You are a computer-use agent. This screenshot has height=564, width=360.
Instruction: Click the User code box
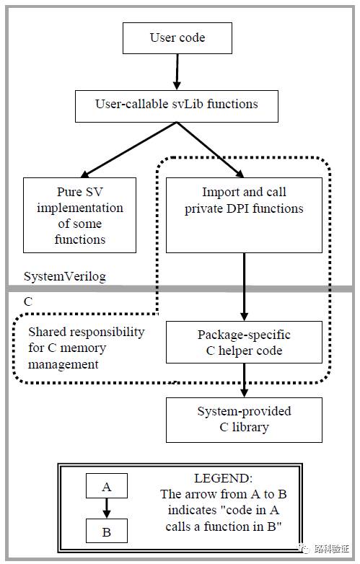177,38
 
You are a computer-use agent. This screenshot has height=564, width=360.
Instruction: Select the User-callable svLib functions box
177,106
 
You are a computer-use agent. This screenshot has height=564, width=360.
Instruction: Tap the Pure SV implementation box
79,215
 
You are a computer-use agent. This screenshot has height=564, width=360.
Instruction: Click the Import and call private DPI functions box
244,215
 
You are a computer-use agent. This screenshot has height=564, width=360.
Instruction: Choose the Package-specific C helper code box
244,342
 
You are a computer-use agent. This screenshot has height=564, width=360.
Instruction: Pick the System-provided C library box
244,420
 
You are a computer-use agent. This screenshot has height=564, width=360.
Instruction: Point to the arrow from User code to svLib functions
177,72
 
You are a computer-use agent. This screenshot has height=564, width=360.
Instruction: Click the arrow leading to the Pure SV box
128,150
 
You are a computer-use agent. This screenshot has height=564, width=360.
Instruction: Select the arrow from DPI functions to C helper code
244,287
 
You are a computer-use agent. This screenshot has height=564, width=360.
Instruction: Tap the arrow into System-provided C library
244,380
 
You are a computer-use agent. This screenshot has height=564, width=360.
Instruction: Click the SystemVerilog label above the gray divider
65,277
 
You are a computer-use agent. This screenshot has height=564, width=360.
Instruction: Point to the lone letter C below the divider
27,301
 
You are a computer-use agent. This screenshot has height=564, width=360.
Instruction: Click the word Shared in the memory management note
46,332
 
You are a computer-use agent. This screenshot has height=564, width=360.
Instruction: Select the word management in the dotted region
63,364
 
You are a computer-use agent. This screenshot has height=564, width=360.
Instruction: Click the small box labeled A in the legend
107,485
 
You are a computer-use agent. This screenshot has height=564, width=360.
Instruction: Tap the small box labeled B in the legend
107,531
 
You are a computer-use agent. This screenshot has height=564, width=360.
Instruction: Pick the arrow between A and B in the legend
107,508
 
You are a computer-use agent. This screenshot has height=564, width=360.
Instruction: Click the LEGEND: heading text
224,478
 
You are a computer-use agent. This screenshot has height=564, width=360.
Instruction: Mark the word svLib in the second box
187,104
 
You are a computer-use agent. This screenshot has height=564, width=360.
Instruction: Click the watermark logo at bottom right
303,548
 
